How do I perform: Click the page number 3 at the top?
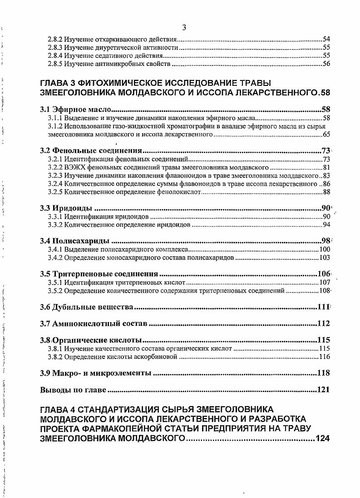(x=184, y=28)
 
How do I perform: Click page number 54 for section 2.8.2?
(x=326, y=40)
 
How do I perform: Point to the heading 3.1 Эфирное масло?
(x=75, y=110)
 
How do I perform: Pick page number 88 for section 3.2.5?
(x=326, y=192)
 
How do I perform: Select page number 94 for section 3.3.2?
(x=326, y=225)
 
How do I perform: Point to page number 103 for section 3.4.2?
(x=324, y=258)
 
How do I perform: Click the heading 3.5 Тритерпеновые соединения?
(x=99, y=274)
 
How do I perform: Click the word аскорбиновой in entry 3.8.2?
(x=158, y=357)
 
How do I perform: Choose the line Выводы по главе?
(x=73, y=389)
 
